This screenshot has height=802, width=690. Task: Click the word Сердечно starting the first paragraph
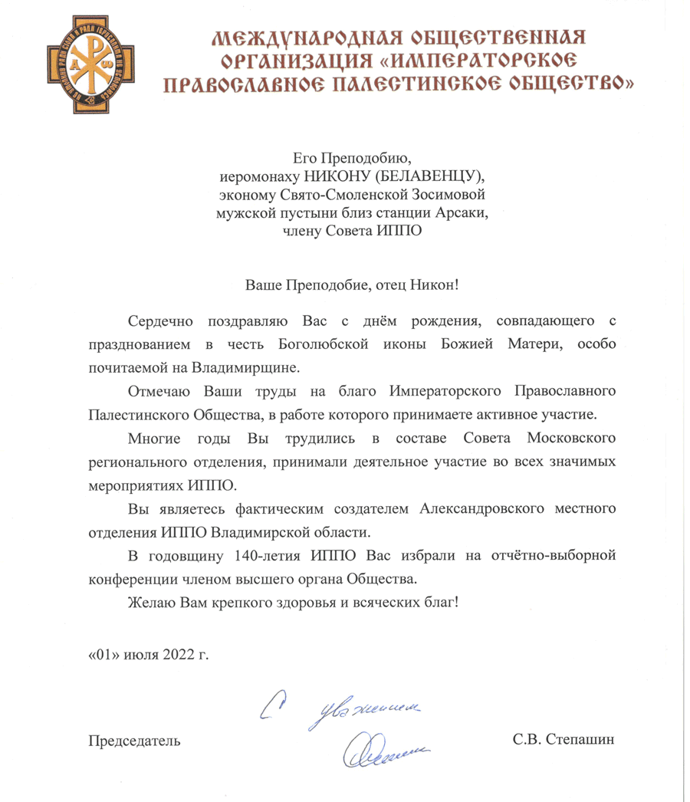157,317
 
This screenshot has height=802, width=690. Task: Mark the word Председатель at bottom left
135,740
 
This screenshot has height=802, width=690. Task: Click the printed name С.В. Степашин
564,740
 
